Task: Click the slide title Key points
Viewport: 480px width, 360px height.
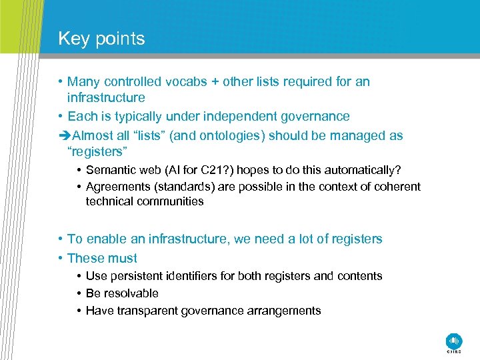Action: tap(101, 39)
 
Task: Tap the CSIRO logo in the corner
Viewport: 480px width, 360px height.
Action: tap(454, 341)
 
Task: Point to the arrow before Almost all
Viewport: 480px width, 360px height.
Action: tap(63, 135)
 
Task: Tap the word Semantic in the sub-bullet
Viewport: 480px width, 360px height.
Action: tap(109, 171)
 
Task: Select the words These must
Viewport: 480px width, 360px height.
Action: tap(102, 258)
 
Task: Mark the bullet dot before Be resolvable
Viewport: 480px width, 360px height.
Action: tap(79, 293)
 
